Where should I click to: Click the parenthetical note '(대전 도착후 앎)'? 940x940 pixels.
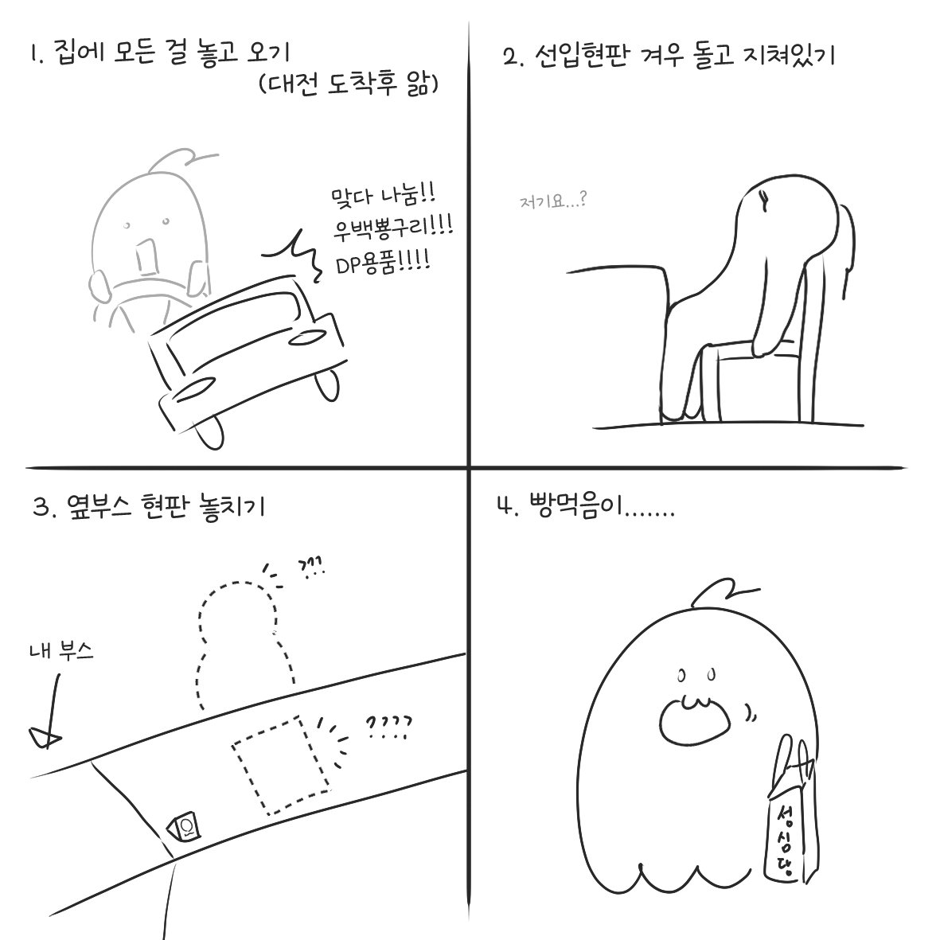pyautogui.click(x=349, y=85)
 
